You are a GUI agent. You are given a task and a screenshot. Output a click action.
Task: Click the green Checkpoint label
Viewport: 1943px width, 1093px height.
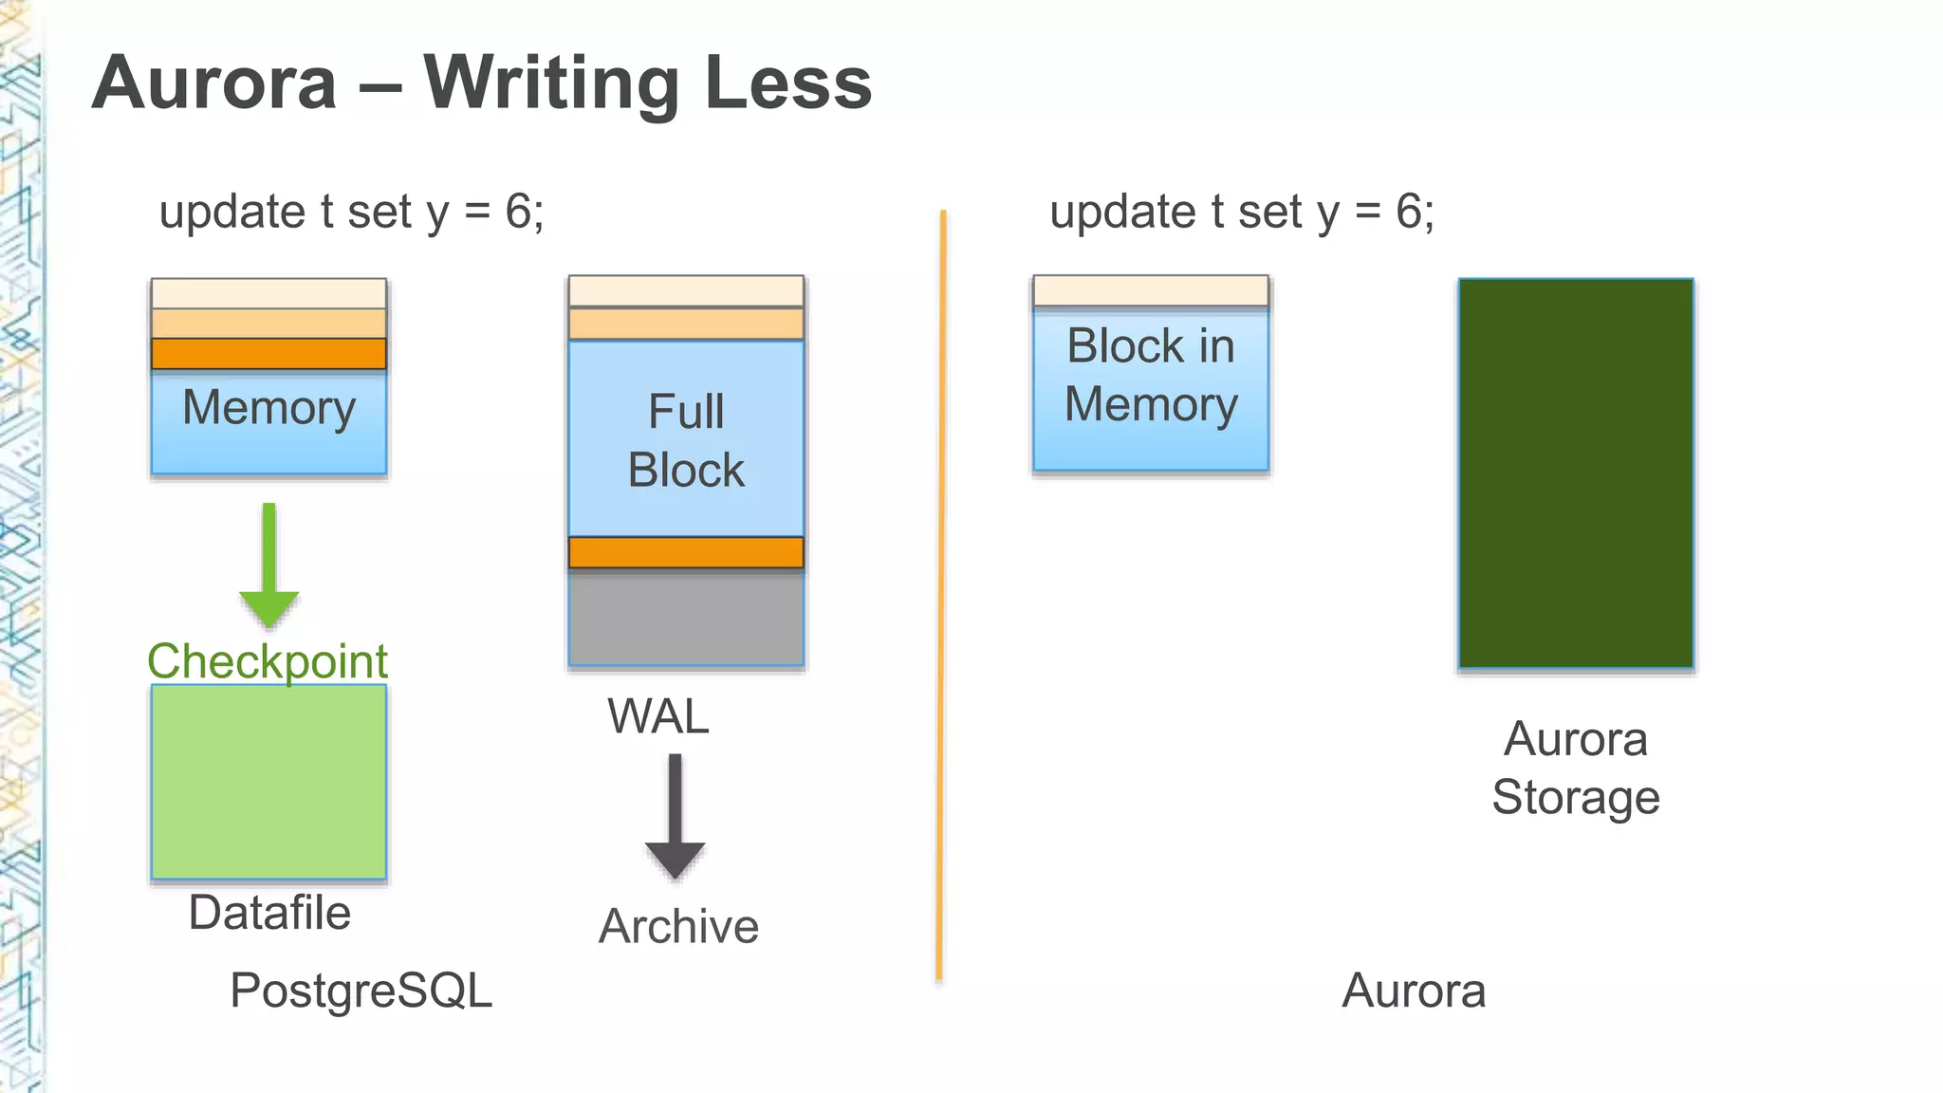pyautogui.click(x=268, y=660)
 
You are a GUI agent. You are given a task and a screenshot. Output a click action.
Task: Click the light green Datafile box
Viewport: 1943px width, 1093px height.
pyautogui.click(x=268, y=782)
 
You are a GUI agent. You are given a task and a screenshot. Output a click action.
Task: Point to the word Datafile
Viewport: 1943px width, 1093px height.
pyautogui.click(x=269, y=913)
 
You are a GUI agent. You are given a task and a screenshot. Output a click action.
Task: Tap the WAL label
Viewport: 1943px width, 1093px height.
pyautogui.click(x=658, y=716)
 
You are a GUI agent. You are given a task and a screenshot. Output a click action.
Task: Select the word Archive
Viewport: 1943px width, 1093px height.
pyautogui.click(x=678, y=926)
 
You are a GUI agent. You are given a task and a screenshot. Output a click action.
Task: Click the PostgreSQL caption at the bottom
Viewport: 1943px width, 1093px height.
pyautogui.click(x=361, y=991)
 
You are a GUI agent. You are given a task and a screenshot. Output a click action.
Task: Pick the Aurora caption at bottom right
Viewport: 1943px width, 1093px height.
pyautogui.click(x=1413, y=991)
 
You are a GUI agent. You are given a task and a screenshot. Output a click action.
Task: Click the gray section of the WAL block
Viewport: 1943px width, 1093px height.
pyautogui.click(x=686, y=618)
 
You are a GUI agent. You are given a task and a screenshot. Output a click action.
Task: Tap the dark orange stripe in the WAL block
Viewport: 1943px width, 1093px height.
pyautogui.click(x=686, y=552)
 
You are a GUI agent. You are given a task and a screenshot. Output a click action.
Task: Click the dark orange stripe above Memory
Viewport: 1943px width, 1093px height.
pyautogui.click(x=268, y=354)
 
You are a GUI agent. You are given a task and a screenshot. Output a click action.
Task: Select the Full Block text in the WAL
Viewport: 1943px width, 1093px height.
pyautogui.click(x=686, y=441)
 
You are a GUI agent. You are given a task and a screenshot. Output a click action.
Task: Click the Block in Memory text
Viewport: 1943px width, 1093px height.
pyautogui.click(x=1151, y=375)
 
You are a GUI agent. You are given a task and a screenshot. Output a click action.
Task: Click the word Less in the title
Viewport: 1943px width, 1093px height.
pyautogui.click(x=788, y=83)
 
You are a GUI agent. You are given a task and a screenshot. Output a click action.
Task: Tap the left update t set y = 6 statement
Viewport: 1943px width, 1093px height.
pyautogui.click(x=351, y=212)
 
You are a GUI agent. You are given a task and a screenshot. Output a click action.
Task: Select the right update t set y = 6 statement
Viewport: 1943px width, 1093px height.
pyautogui.click(x=1241, y=212)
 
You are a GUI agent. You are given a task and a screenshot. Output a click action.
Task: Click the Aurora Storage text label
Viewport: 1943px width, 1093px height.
pyautogui.click(x=1575, y=768)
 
